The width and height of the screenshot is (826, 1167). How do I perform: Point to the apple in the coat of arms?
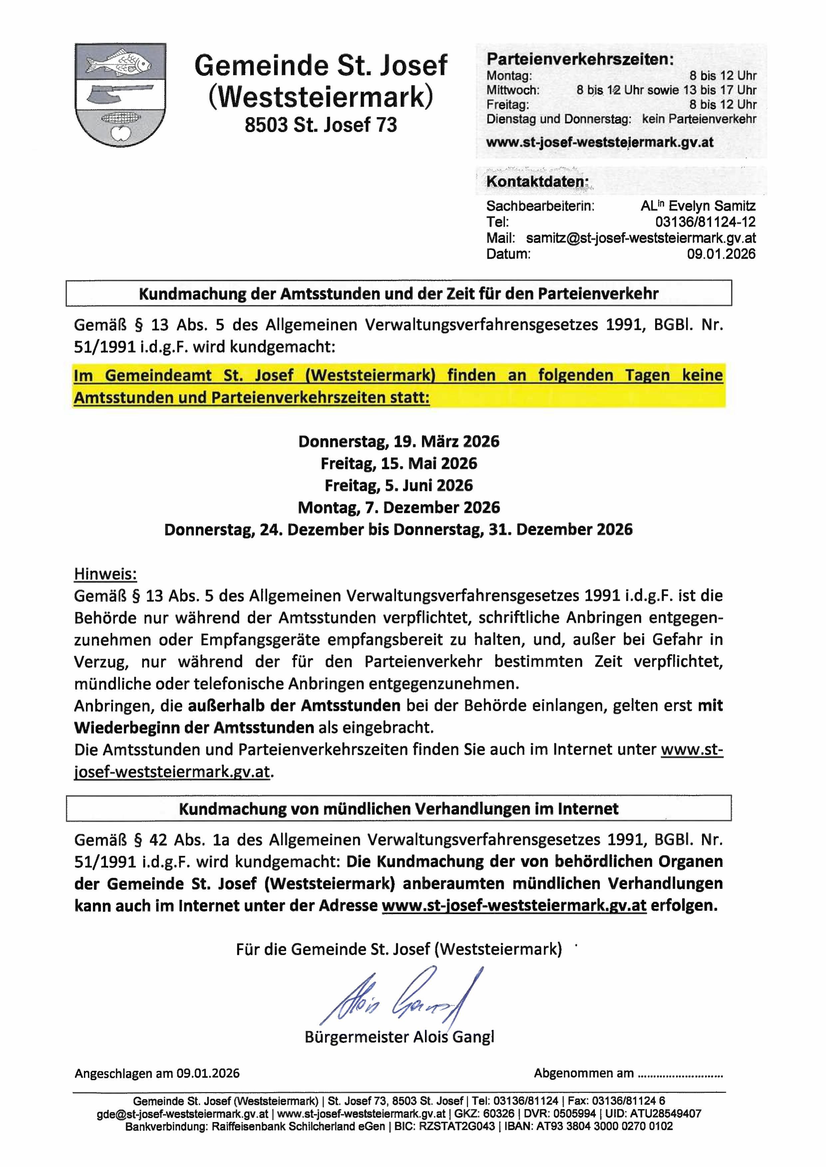click(120, 134)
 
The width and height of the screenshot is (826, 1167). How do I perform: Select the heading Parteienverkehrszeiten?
click(580, 60)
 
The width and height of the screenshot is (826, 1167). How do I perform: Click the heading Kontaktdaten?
click(537, 181)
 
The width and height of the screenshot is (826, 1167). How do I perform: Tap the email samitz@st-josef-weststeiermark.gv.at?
click(641, 238)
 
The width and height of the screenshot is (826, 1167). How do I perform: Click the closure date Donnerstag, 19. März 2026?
click(399, 441)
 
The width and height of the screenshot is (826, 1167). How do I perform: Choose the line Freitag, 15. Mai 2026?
click(399, 463)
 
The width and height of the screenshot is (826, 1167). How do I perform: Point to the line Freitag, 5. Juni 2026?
click(399, 485)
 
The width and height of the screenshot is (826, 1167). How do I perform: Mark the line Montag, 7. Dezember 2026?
click(399, 507)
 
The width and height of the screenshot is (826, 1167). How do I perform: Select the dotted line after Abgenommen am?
click(680, 1074)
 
